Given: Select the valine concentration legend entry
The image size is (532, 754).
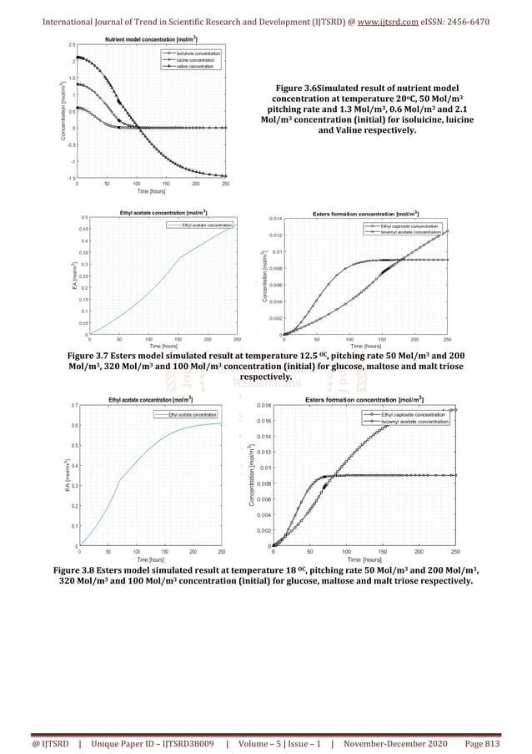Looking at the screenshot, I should [194, 66].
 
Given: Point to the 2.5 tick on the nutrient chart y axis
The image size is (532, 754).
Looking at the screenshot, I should [72, 44].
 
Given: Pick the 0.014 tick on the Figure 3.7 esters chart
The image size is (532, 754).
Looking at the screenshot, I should [274, 218].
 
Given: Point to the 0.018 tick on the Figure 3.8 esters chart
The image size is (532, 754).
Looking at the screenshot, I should [262, 406].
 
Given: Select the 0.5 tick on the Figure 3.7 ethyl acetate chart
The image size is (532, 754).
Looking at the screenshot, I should [83, 218].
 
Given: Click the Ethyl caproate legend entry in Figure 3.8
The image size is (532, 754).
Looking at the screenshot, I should [412, 414].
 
